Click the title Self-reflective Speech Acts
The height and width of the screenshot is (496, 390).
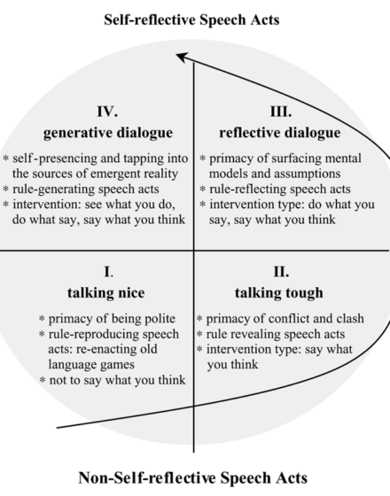point(191,19)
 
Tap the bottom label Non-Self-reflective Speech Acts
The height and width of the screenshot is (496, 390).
point(193,477)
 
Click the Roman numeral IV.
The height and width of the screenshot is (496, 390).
point(107,112)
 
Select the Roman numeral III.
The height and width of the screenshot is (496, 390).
point(281,112)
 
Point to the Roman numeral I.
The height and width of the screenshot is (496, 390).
point(108,272)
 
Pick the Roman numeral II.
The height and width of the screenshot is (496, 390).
point(281,272)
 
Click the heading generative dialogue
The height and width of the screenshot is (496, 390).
point(108,133)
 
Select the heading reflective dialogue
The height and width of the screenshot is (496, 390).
point(280,133)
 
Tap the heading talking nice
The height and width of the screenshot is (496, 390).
point(106,292)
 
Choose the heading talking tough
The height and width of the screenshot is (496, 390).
point(279,292)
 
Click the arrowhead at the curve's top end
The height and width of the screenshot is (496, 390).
point(182,57)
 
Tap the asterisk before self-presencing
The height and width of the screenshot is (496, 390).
point(5,159)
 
